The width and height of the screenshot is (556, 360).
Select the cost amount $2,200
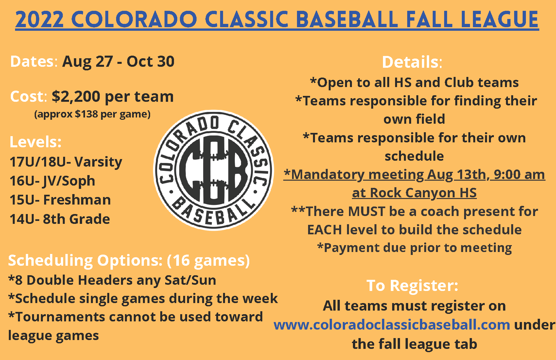76,96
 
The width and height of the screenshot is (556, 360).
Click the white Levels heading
36,142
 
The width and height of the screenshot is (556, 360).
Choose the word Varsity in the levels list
98,162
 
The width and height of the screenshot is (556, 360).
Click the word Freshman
77,200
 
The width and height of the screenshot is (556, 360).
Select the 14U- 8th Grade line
60,219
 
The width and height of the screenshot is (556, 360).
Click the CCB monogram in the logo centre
214,171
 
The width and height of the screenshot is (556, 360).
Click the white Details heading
412,62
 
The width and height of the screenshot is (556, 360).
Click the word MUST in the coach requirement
366,211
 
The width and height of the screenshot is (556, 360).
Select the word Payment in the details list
352,248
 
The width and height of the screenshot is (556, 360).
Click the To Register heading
412,285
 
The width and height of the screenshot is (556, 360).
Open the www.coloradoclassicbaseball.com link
392,325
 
